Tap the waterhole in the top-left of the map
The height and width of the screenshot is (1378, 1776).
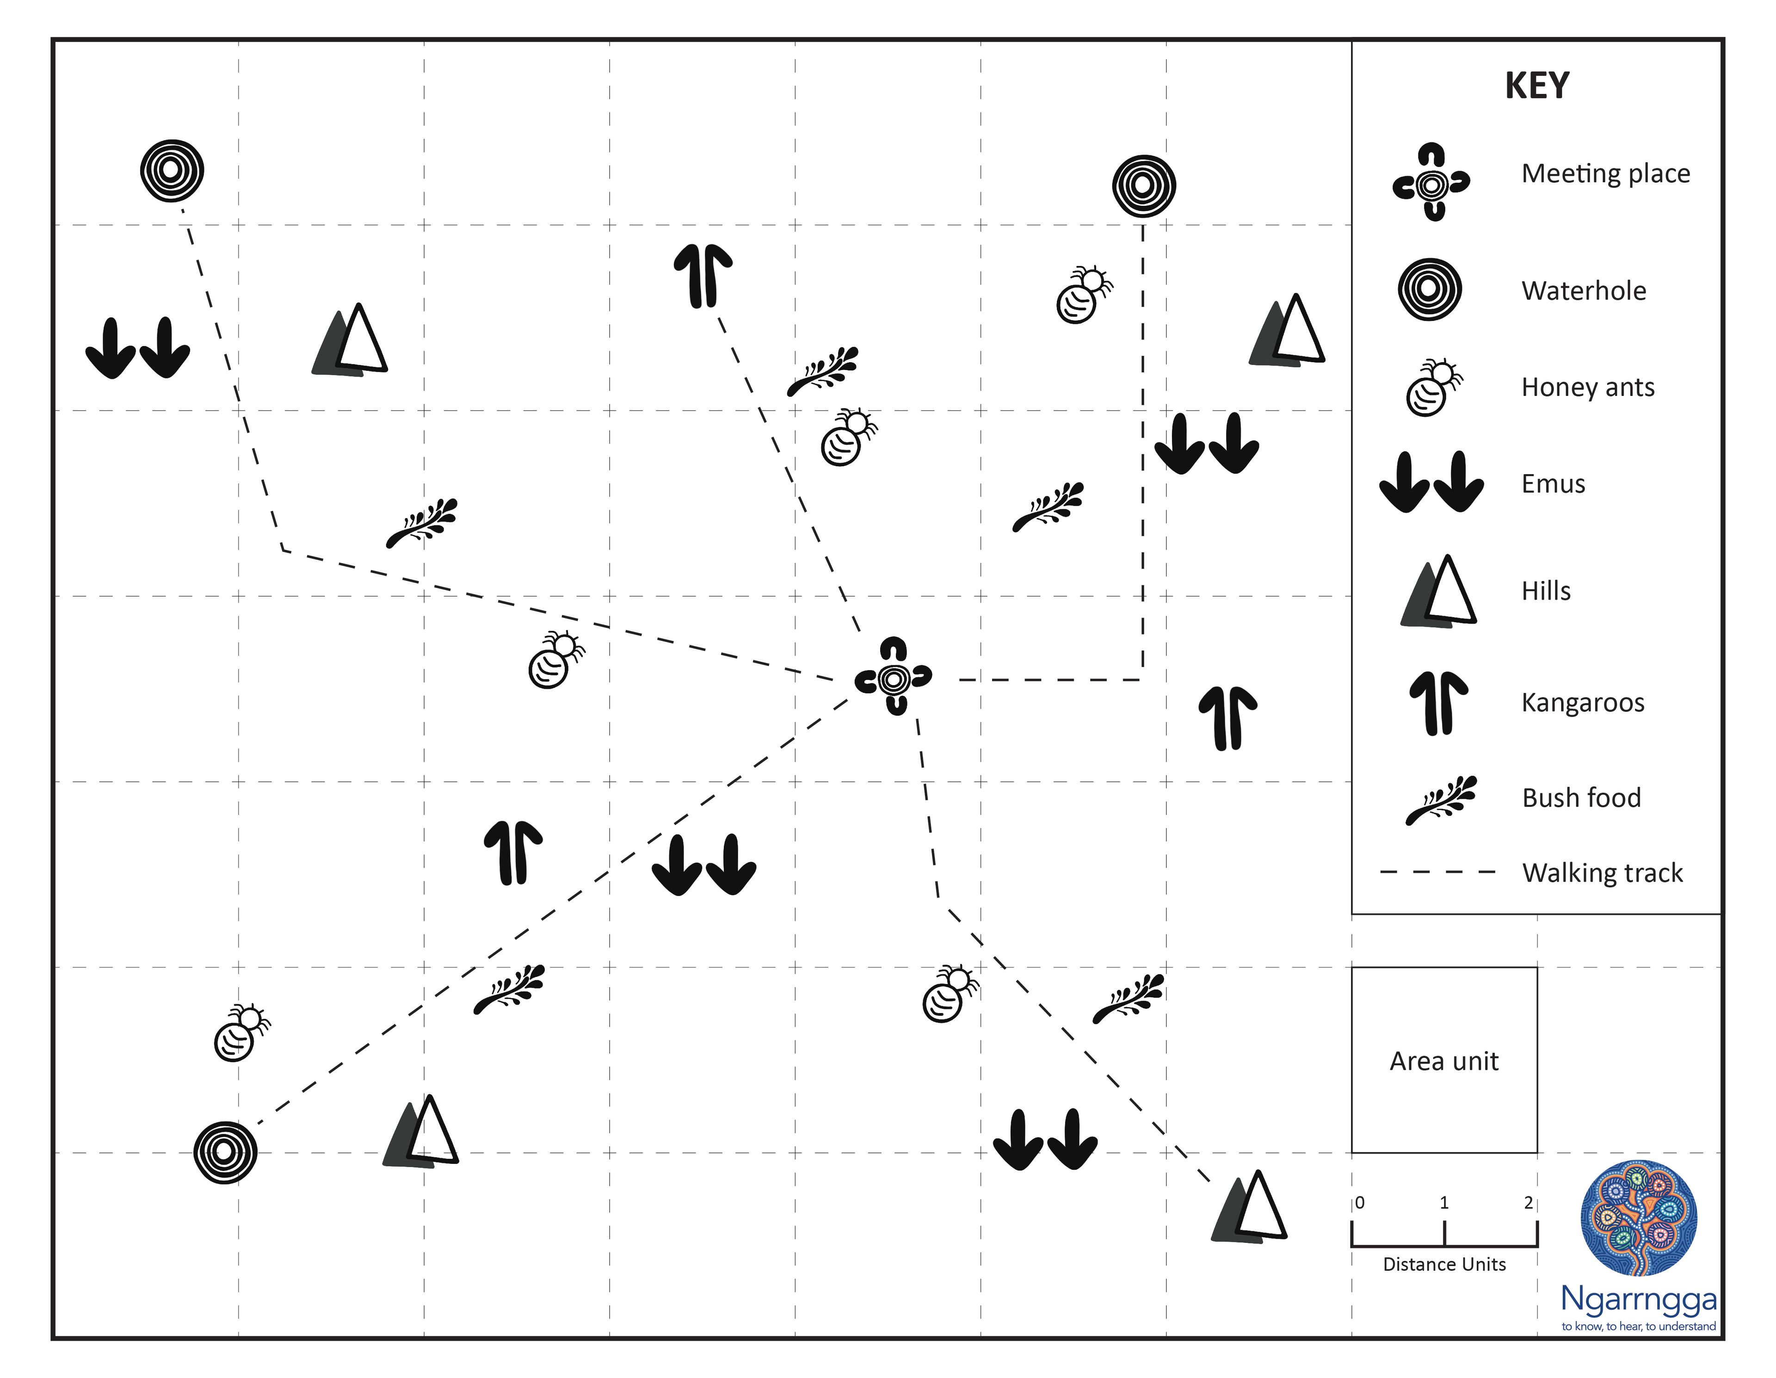pos(172,171)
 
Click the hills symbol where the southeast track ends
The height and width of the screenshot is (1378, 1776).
pos(1250,1208)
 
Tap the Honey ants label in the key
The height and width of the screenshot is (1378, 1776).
pos(1587,387)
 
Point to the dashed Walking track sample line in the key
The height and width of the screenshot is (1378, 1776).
pos(1438,872)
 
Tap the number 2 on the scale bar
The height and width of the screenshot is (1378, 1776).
pos(1528,1202)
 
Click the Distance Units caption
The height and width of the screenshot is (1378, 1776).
pos(1444,1264)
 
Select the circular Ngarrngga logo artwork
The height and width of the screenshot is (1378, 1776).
pos(1639,1218)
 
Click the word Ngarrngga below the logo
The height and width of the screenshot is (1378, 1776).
pos(1639,1299)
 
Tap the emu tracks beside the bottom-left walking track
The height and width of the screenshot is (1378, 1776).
pos(704,865)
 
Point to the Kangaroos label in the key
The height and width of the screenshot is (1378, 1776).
pos(1583,703)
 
